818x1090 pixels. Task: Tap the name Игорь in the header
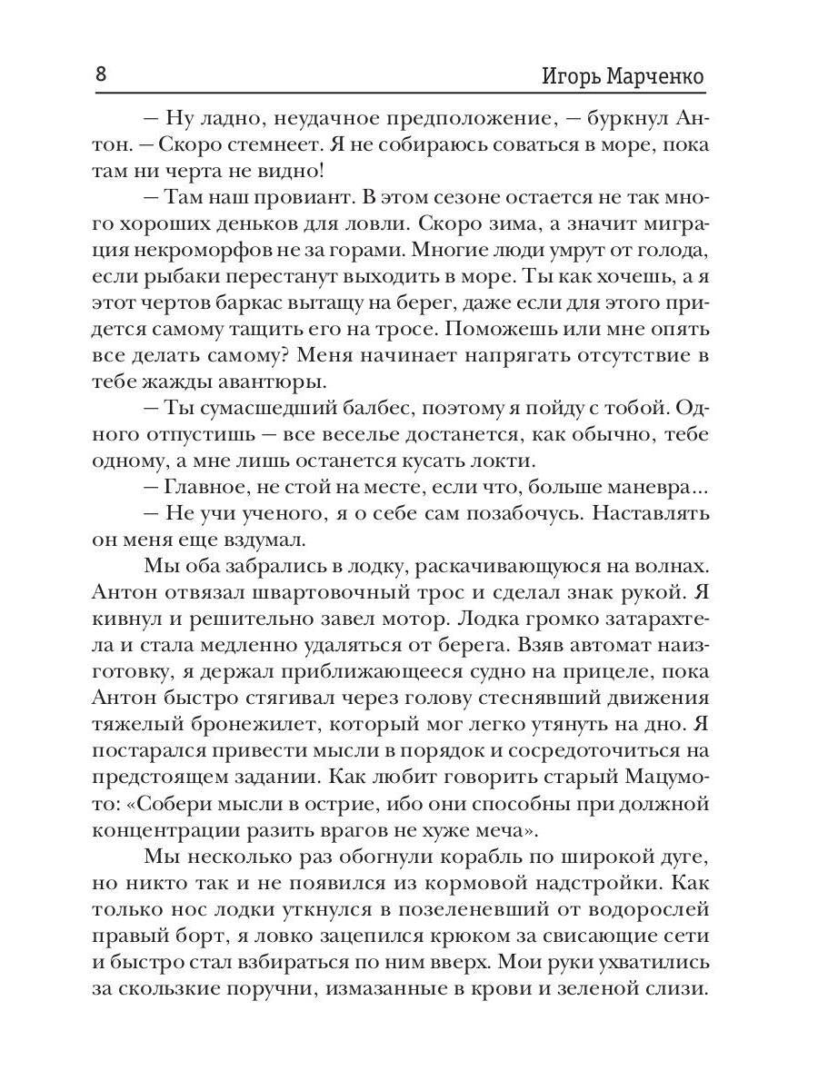pyautogui.click(x=564, y=76)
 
